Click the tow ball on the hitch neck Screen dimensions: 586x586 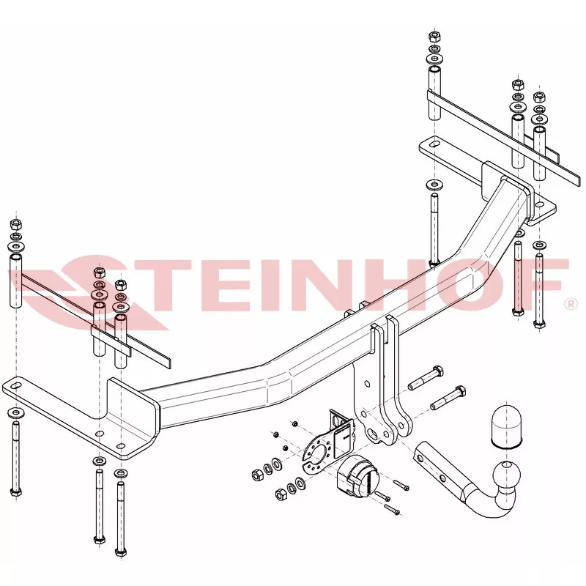click(x=506, y=474)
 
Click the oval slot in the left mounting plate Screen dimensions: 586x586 click(x=15, y=386)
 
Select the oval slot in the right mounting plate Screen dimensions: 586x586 click(x=434, y=144)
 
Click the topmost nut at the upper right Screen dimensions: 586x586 click(x=434, y=36)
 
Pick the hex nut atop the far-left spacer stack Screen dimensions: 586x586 click(x=15, y=225)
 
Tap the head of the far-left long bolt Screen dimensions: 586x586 click(x=15, y=492)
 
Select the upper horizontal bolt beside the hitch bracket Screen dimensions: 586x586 click(x=426, y=378)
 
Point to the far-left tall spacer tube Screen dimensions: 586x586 click(x=15, y=281)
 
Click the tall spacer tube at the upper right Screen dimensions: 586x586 click(x=434, y=93)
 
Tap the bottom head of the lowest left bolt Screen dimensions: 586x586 click(x=121, y=552)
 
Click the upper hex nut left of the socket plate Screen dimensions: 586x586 click(x=257, y=475)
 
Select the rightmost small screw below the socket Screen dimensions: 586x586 click(x=401, y=486)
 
